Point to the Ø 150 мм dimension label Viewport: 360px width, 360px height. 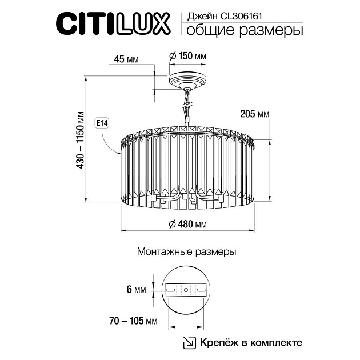[187, 57]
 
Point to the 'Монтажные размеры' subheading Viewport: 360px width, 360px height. [186, 251]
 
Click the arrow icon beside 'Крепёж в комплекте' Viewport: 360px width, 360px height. [187, 342]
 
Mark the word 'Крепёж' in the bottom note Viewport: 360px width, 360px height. [217, 342]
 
